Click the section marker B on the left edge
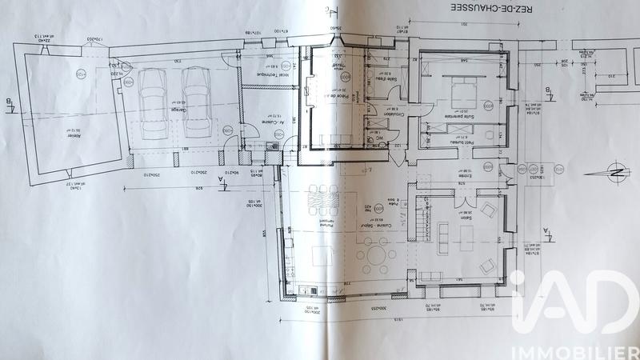(7, 102)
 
